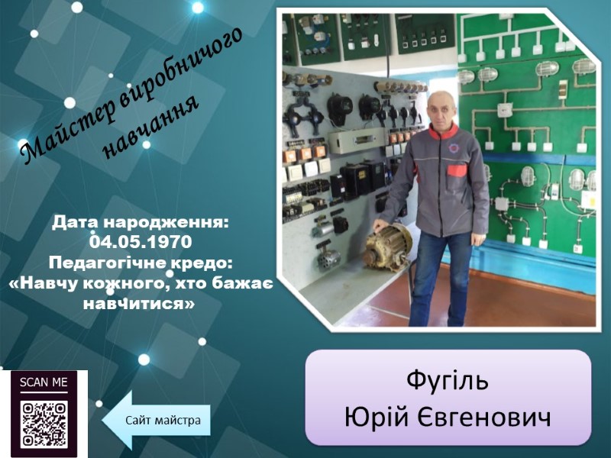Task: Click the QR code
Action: click(44, 424)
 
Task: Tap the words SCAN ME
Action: click(44, 382)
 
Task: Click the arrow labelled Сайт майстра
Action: click(157, 421)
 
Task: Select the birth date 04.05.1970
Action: click(141, 242)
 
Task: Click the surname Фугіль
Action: click(448, 379)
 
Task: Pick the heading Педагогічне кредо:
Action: click(141, 263)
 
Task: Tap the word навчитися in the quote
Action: click(139, 303)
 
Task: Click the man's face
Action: click(442, 110)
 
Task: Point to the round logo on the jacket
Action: click(454, 148)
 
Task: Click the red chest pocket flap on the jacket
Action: click(457, 170)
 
